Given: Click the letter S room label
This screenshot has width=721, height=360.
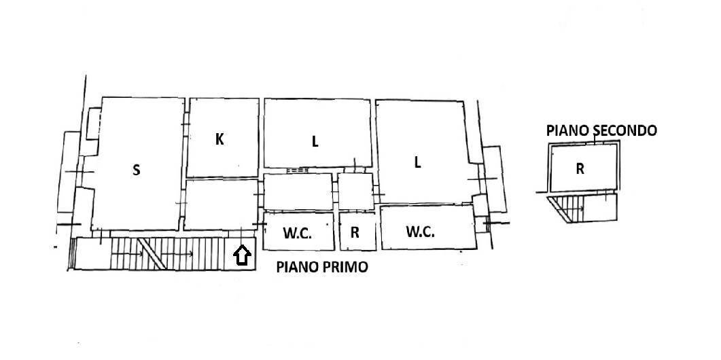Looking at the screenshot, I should tap(136, 170).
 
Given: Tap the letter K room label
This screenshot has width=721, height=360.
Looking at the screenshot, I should tap(219, 139).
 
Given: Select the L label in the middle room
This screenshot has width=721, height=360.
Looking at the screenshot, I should tap(315, 142).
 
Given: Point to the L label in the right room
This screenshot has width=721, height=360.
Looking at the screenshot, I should tap(417, 162).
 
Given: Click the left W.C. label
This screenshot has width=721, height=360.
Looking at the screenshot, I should tap(297, 232).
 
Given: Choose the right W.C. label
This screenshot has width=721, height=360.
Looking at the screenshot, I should tap(421, 232).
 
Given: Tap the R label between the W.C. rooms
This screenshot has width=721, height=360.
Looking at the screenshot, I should tap(355, 232).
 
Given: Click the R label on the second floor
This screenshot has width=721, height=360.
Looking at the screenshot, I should tap(580, 169).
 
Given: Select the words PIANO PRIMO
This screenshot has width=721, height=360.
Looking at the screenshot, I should tap(321, 268).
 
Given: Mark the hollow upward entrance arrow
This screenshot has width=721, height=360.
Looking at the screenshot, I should tap(242, 255).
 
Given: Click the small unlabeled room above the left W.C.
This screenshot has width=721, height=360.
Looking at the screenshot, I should tap(298, 192).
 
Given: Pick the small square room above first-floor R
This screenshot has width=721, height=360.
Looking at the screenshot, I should tap(355, 192).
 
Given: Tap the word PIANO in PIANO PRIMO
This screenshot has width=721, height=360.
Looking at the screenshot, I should tap(298, 268).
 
